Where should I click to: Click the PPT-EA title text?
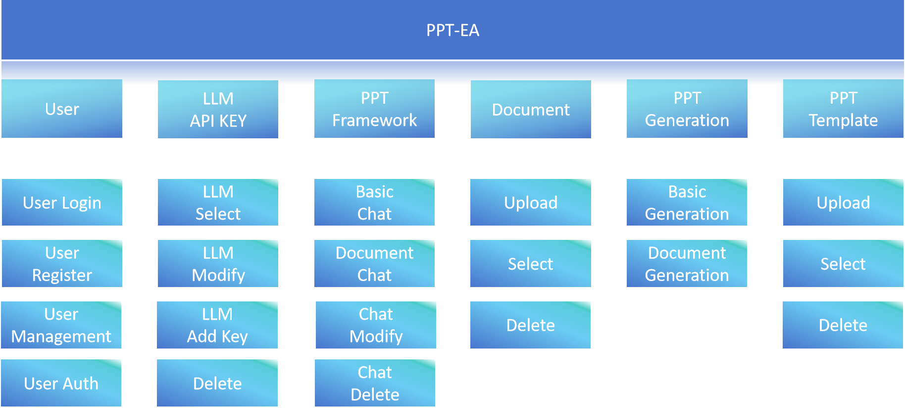pyautogui.click(x=452, y=30)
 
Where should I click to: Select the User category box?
pyautogui.click(x=62, y=109)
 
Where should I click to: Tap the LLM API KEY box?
pyautogui.click(x=218, y=109)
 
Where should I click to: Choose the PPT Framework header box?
pyautogui.click(x=374, y=109)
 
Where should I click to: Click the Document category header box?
pyautogui.click(x=531, y=109)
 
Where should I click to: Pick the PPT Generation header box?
pyautogui.click(x=687, y=109)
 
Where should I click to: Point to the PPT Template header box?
pyautogui.click(x=843, y=109)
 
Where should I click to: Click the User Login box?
pyautogui.click(x=62, y=202)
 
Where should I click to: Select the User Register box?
pyautogui.click(x=62, y=264)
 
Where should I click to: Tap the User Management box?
pyautogui.click(x=61, y=325)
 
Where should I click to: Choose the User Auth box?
pyautogui.click(x=61, y=383)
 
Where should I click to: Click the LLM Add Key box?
pyautogui.click(x=217, y=325)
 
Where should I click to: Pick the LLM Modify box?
pyautogui.click(x=218, y=264)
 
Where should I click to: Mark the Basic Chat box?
pyautogui.click(x=374, y=202)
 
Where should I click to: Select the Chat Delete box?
pyautogui.click(x=375, y=383)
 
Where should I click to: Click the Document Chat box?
pyautogui.click(x=374, y=264)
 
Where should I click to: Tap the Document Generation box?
pyautogui.click(x=687, y=264)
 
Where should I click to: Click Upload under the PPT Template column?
pyautogui.click(x=843, y=202)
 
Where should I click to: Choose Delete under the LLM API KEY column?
pyautogui.click(x=217, y=383)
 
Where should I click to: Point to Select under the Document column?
pyautogui.click(x=531, y=264)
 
